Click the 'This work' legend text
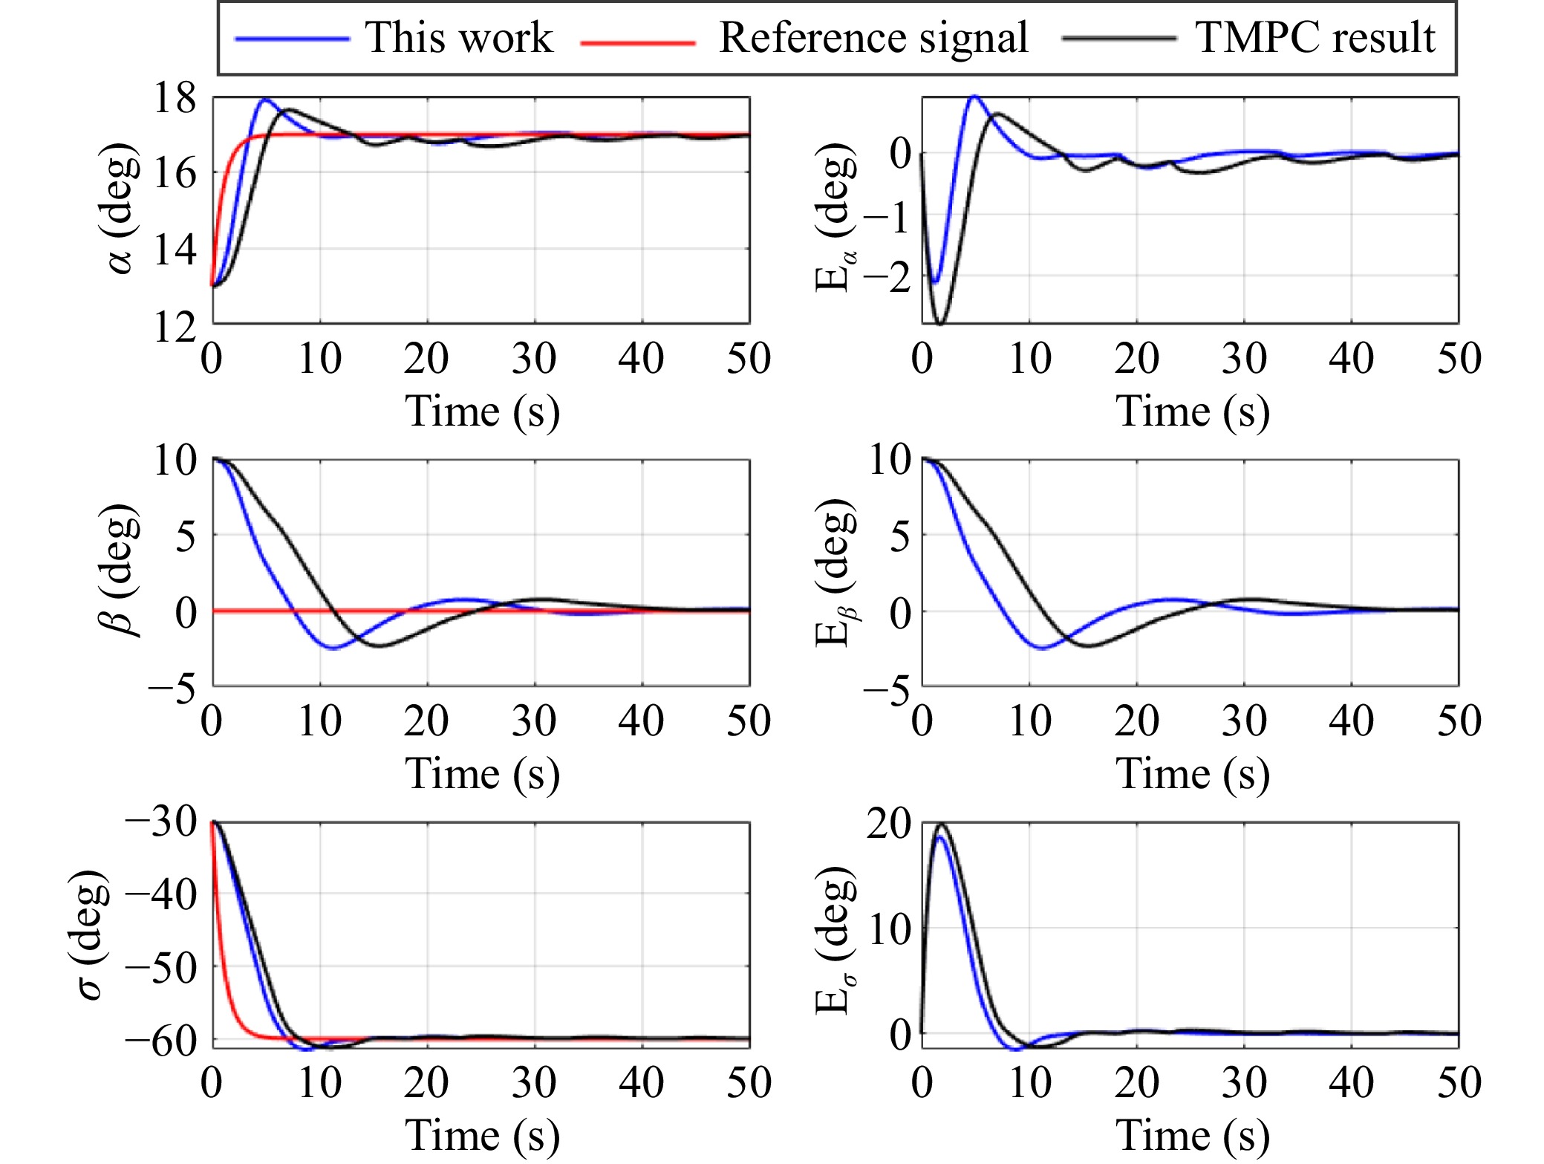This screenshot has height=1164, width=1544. pos(459,37)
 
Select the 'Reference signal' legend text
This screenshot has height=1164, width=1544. pos(873,37)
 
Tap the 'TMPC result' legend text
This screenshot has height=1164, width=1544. pos(1315,37)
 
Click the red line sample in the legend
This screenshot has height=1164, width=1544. pos(637,42)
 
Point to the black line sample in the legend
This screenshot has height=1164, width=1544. pos(1118,38)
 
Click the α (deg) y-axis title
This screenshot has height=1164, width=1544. pos(119,209)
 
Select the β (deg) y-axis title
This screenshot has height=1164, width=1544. pos(119,570)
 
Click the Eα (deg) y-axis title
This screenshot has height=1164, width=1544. pos(835,217)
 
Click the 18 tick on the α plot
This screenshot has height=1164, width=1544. pos(175,98)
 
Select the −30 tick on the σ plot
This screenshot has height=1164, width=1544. pos(161,822)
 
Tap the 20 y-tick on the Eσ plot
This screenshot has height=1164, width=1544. pos(888,824)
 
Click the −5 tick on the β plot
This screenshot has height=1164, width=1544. pos(172,689)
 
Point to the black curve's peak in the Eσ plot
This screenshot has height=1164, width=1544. pos(942,824)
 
